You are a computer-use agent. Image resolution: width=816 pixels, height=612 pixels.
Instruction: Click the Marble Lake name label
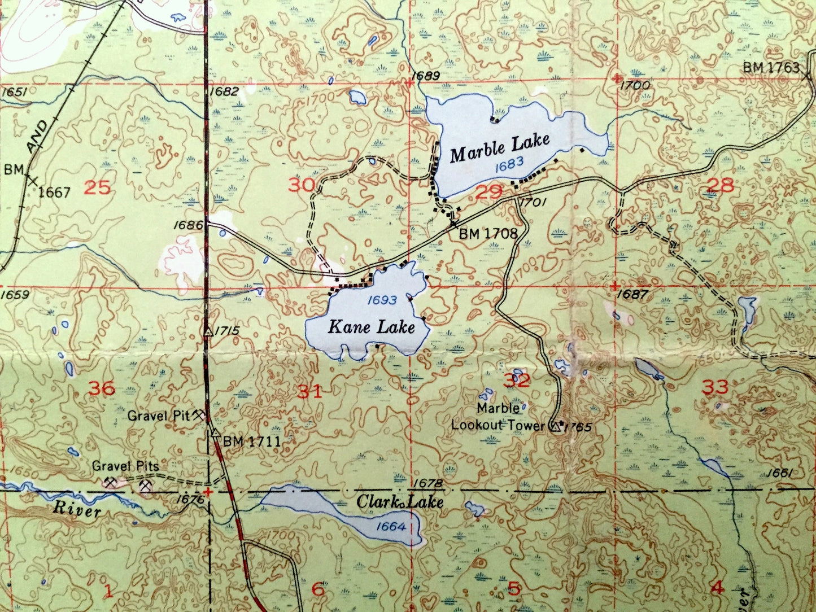[499, 148]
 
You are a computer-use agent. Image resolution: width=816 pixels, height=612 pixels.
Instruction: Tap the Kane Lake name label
[372, 327]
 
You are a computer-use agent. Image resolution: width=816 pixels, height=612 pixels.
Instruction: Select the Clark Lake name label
[400, 502]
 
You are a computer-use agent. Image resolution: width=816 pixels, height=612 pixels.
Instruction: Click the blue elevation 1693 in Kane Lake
[382, 300]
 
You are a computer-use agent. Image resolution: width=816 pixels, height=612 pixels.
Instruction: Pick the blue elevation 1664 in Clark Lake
[390, 527]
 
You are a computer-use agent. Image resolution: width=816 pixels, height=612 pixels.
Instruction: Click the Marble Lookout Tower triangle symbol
[556, 427]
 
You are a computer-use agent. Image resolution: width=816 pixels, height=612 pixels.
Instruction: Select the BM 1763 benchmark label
[771, 68]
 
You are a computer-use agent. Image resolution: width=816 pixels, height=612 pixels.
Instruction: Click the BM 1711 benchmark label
[252, 441]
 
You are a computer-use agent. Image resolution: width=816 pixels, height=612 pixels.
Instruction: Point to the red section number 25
[97, 187]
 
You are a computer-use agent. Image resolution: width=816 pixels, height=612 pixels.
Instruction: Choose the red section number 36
[102, 388]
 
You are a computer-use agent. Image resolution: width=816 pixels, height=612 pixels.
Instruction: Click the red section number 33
[715, 387]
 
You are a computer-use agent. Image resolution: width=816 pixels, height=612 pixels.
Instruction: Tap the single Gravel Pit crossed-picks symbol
[198, 416]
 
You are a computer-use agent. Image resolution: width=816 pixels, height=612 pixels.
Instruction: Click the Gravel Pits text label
[125, 466]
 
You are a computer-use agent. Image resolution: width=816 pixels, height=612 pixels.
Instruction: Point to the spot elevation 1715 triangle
[208, 332]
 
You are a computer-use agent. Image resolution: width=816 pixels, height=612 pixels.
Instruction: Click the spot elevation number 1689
[425, 75]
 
